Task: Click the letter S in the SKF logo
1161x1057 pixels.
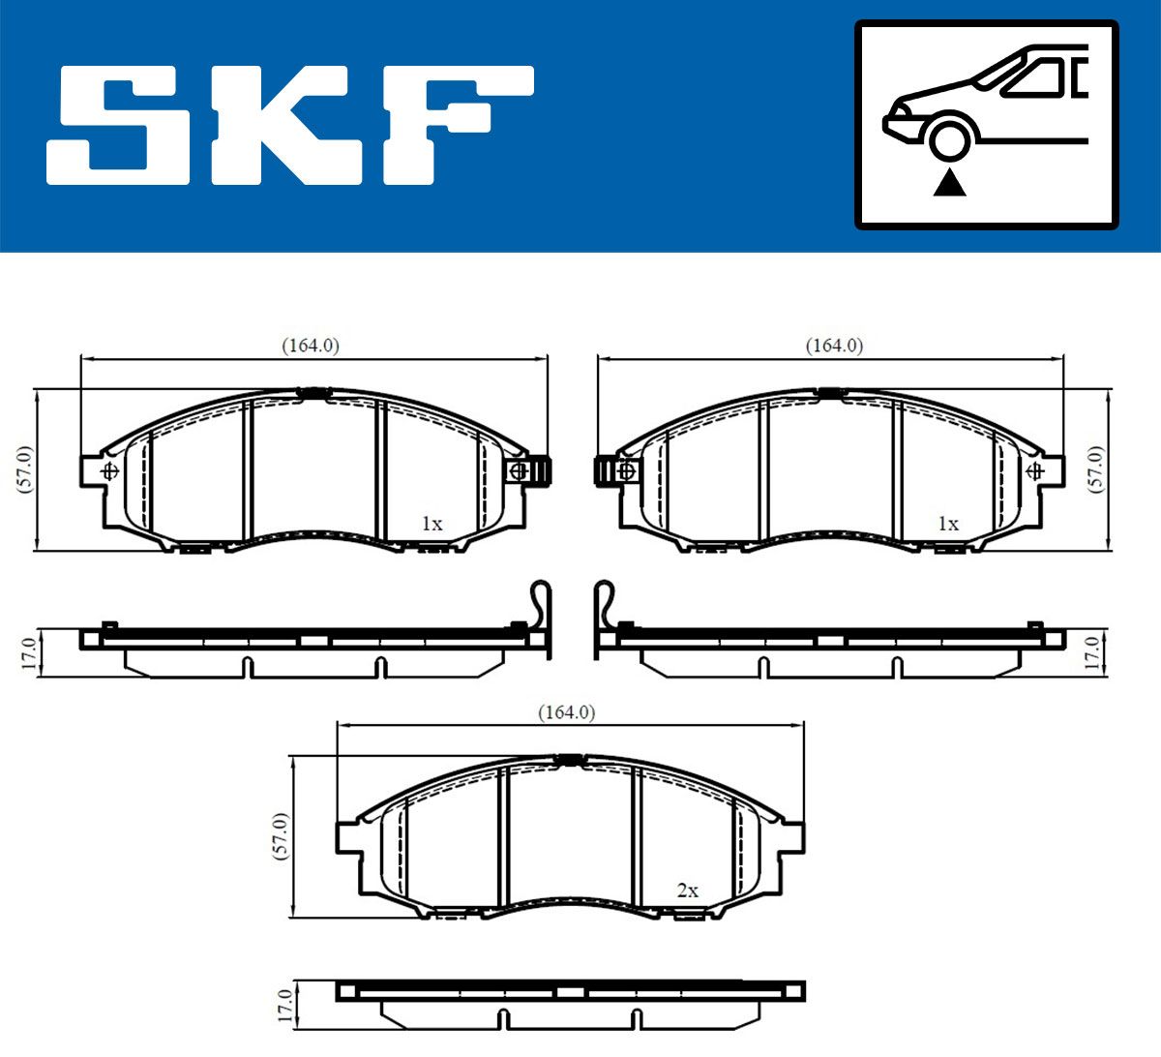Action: click(x=118, y=126)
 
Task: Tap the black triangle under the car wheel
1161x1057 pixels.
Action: click(x=950, y=183)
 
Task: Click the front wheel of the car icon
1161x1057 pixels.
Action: click(x=950, y=141)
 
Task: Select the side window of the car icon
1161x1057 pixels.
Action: click(x=1032, y=78)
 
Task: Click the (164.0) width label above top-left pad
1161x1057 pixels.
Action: click(x=311, y=346)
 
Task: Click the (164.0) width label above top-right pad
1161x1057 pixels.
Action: click(x=834, y=346)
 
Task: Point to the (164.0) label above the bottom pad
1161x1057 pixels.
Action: click(x=567, y=712)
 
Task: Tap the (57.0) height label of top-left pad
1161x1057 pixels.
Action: click(x=25, y=469)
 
